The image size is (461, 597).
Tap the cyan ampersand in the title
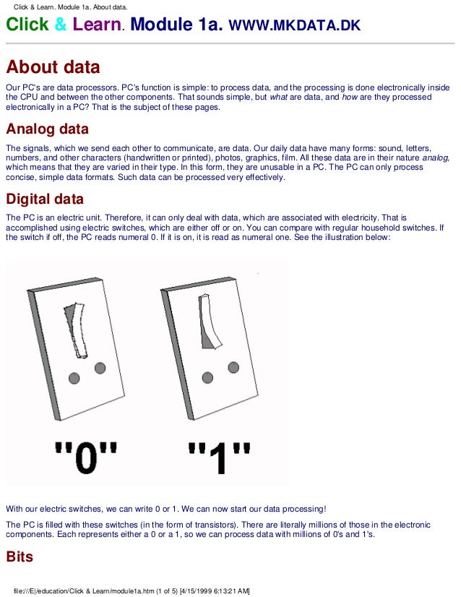[60, 26]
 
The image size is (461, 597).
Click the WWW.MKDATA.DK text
[294, 27]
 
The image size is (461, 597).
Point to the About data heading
[53, 67]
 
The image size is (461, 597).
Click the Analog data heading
[47, 129]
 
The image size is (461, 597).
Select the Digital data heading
[45, 199]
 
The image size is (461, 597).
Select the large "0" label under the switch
[85, 456]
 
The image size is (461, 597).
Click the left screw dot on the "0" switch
[74, 377]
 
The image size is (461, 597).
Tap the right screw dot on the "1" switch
[233, 367]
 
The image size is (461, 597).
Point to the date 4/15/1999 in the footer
[194, 590]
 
